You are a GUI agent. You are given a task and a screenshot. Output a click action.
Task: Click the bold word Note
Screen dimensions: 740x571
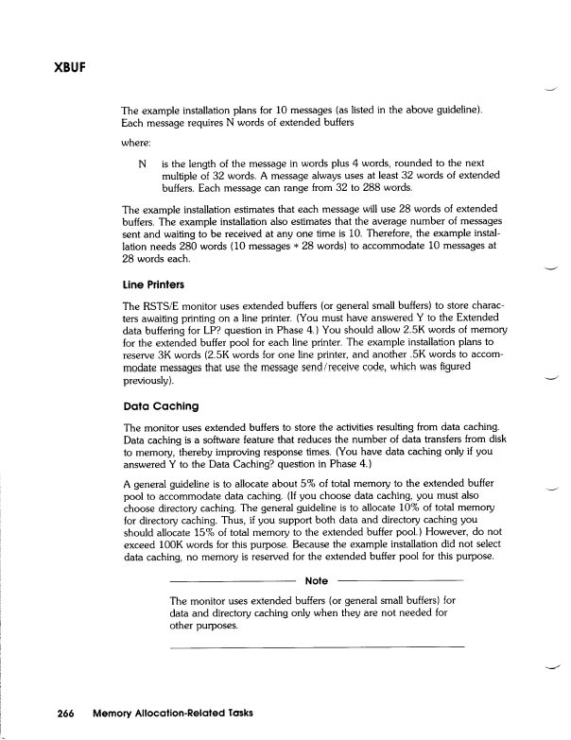click(x=317, y=580)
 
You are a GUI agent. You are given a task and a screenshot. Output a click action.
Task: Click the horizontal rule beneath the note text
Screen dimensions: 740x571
click(x=317, y=645)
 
